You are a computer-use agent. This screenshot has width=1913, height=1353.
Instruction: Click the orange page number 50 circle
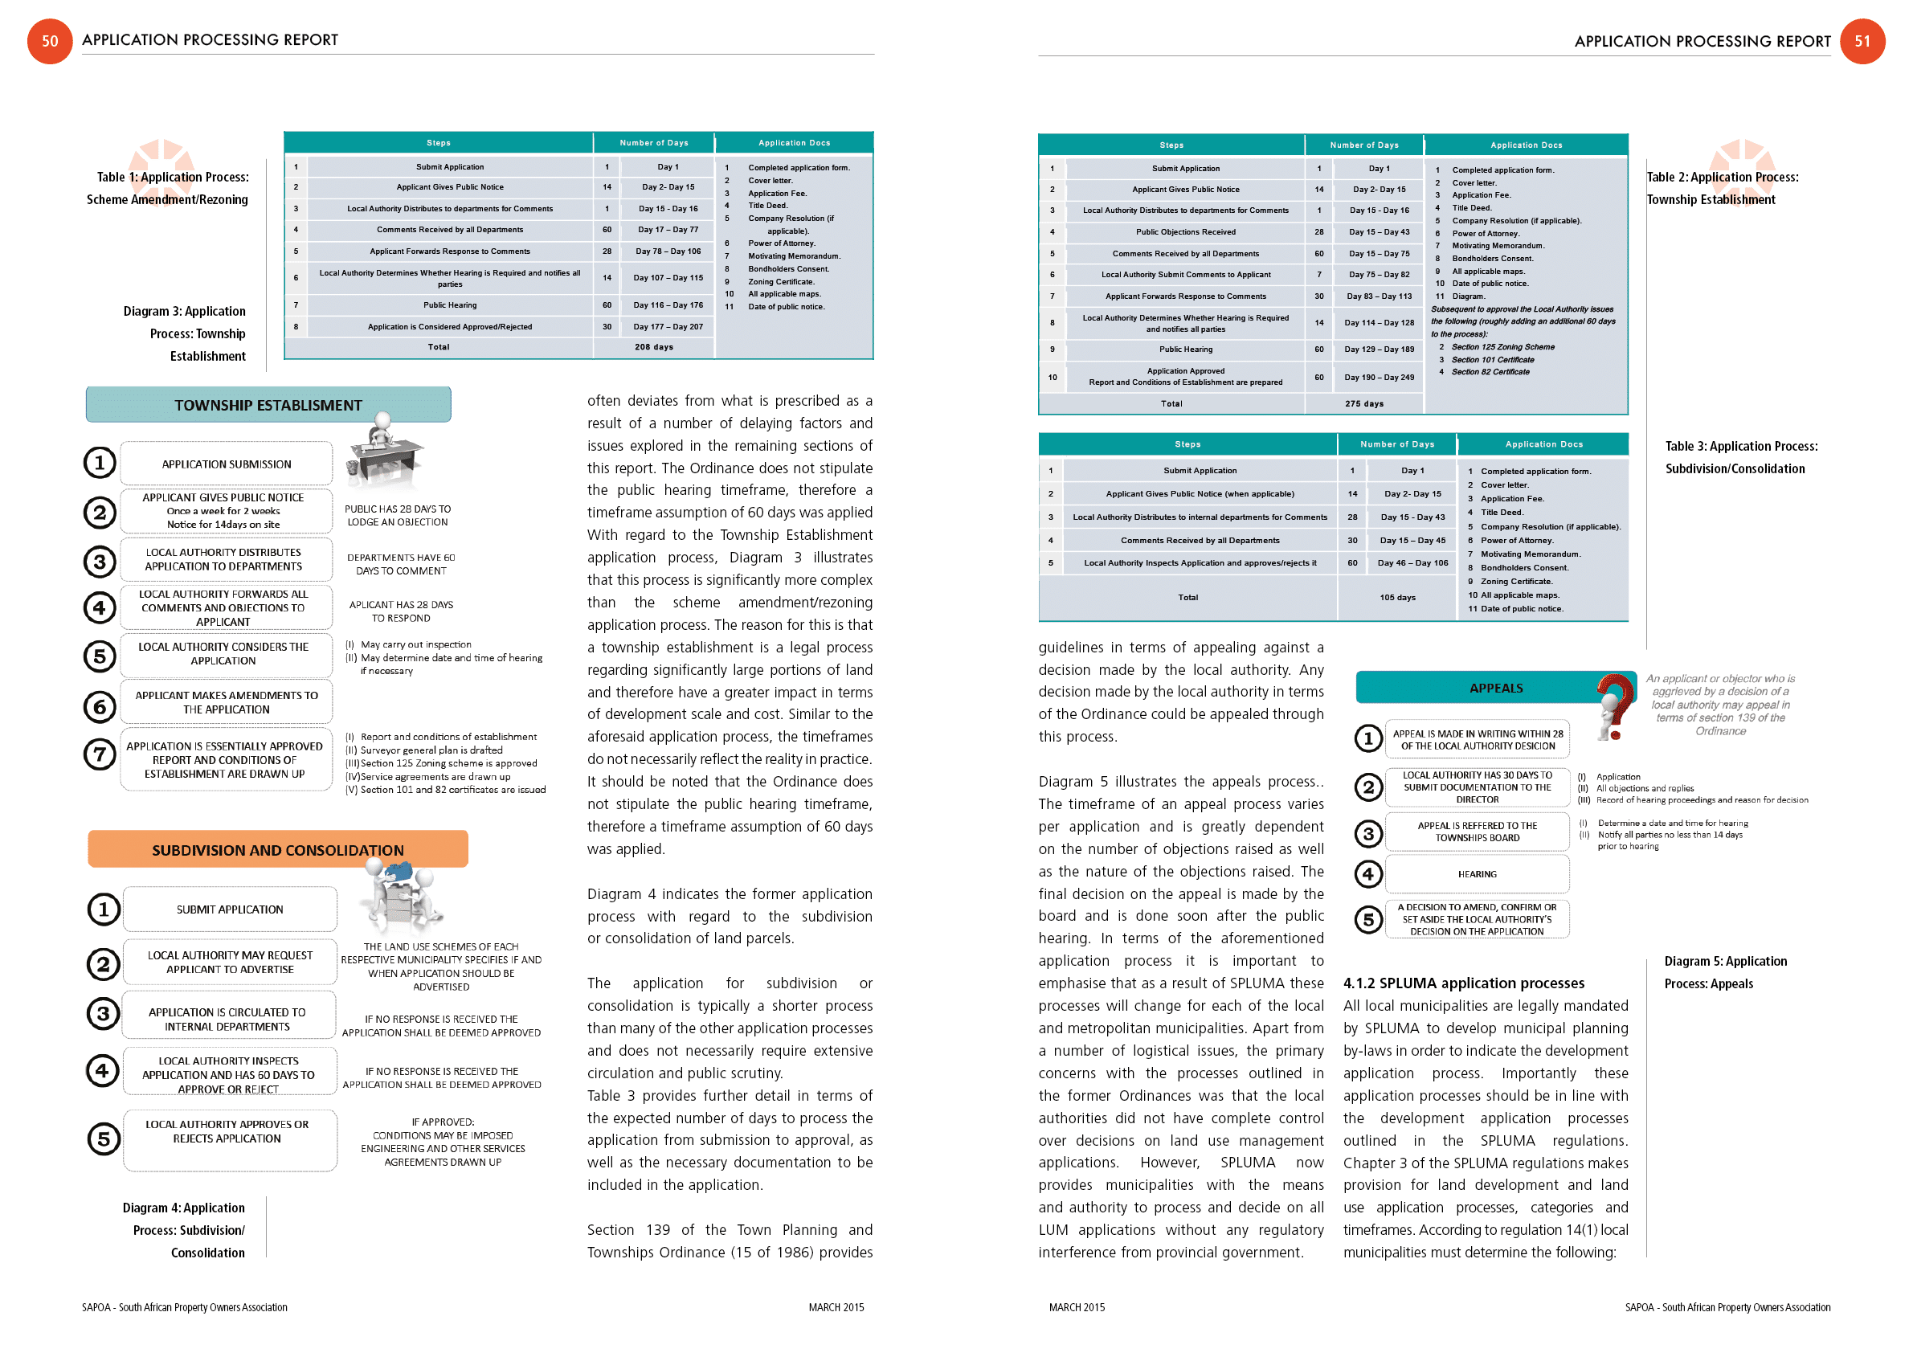tap(50, 41)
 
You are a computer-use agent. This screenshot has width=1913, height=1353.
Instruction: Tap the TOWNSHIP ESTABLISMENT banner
tap(268, 405)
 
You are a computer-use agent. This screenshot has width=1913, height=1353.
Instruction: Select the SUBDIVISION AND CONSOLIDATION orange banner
tap(277, 850)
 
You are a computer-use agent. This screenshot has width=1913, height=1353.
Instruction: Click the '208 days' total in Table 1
tap(653, 346)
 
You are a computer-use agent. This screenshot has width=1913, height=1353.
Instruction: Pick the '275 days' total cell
tap(1363, 404)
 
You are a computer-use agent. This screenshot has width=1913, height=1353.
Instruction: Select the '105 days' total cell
tap(1396, 597)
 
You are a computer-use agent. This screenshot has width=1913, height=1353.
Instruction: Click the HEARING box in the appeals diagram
tap(1477, 874)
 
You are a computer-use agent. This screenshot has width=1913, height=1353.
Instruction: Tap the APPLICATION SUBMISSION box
tap(227, 464)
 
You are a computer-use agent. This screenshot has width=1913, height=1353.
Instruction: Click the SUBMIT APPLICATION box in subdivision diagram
tap(230, 909)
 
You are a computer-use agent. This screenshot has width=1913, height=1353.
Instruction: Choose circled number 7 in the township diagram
tap(100, 754)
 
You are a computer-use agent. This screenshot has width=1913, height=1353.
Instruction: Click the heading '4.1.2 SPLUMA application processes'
tap(1463, 983)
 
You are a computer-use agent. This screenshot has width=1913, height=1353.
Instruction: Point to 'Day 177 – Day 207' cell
tap(668, 326)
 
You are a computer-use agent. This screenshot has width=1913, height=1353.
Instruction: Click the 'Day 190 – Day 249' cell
tap(1378, 378)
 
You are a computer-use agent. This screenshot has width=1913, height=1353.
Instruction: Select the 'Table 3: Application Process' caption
tap(1740, 447)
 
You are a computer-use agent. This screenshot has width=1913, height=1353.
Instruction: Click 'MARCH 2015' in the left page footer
tap(836, 1307)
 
